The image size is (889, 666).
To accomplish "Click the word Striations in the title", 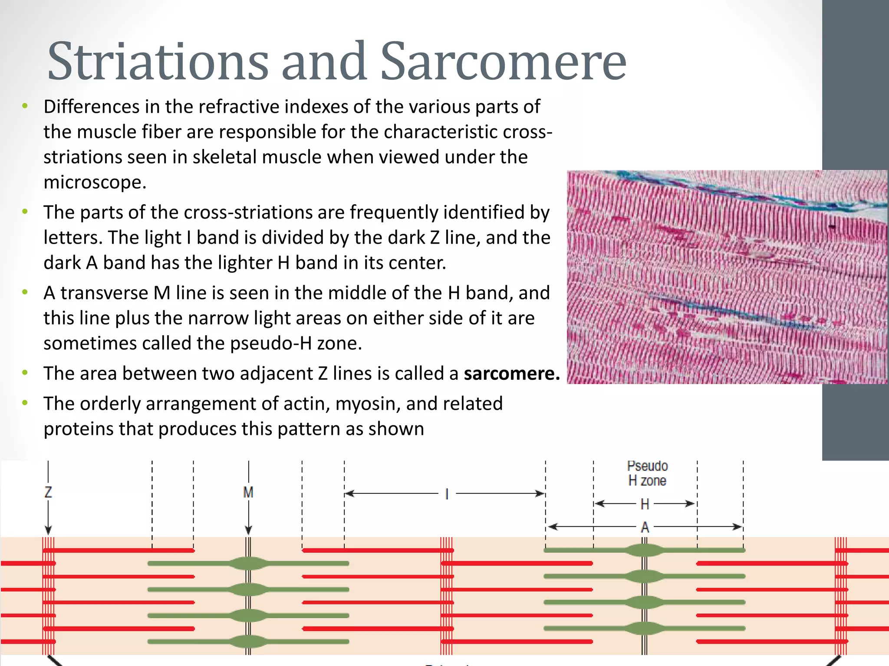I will [x=158, y=62].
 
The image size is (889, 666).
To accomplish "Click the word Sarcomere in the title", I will [x=504, y=62].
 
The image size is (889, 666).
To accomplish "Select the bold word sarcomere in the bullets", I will [x=512, y=373].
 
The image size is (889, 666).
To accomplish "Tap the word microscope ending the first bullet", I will [x=95, y=183].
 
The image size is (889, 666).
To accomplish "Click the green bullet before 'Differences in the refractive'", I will [x=25, y=106].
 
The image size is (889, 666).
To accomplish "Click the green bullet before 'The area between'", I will [x=25, y=372].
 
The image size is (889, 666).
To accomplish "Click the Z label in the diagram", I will [x=48, y=492].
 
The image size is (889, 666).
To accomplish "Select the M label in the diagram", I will [x=248, y=493].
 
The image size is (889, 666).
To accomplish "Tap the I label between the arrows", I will [x=447, y=494].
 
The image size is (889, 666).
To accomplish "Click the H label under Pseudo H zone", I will [x=645, y=504].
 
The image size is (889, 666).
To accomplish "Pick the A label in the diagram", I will [x=645, y=528].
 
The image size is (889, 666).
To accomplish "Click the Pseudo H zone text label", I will [x=647, y=473].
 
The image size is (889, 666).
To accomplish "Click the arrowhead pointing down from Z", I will [x=48, y=530].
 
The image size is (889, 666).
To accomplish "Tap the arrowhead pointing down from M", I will [x=248, y=530].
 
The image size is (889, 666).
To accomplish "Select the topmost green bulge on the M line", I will [x=248, y=563].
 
